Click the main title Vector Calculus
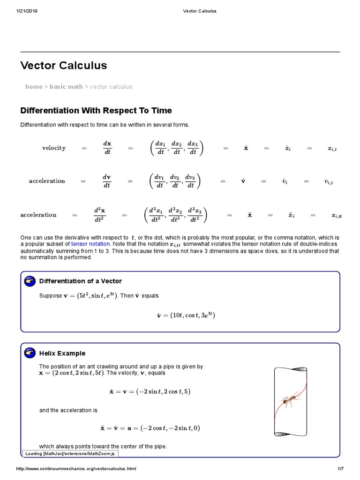click(x=64, y=66)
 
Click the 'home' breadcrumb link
click(x=34, y=87)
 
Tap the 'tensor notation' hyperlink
click(x=91, y=244)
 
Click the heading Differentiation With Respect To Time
click(x=96, y=111)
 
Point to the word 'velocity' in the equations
click(x=54, y=148)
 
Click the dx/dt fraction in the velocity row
click(x=107, y=148)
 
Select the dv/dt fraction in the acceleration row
click(x=106, y=181)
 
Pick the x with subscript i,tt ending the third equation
click(x=337, y=216)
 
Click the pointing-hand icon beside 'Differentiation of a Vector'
click(x=30, y=281)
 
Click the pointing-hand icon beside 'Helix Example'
click(x=30, y=353)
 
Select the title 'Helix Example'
click(x=62, y=353)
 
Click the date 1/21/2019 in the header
click(x=27, y=11)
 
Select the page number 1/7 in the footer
click(x=341, y=469)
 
